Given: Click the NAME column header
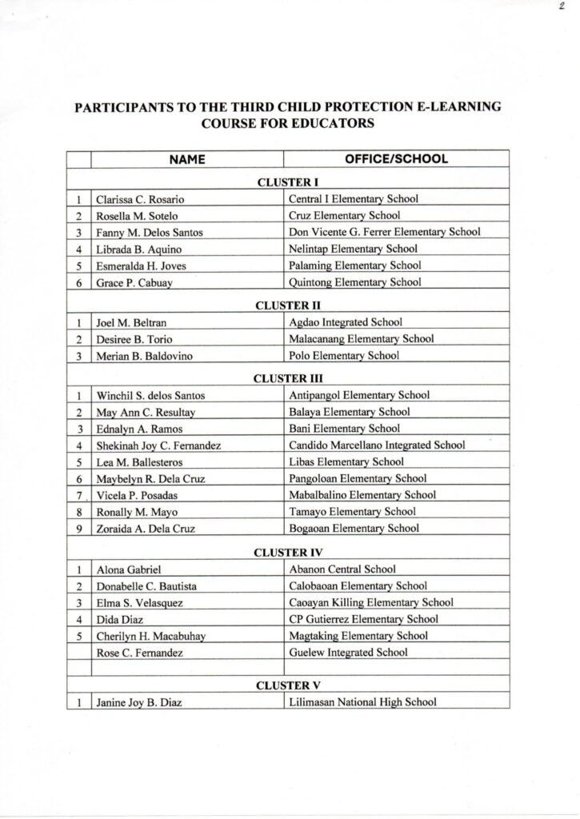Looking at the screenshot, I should pos(187,159).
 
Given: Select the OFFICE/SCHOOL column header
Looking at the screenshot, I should pos(396,159).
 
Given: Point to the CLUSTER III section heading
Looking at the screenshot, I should pos(288,378).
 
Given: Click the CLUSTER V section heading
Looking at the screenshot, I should pos(288,686).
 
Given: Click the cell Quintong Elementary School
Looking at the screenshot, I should pos(354,282).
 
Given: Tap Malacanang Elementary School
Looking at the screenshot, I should pos(361,339).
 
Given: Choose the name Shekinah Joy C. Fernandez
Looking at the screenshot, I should pos(158,445).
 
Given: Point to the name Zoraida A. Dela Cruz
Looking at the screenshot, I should pos(146,528).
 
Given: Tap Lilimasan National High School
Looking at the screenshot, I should pos(362,703).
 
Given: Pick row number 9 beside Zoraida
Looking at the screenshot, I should pos(79,528).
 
